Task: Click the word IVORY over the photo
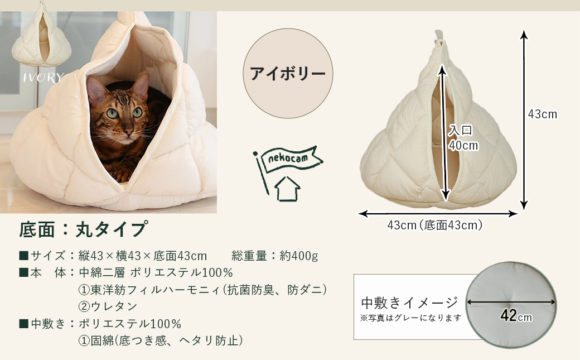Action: click(x=43, y=78)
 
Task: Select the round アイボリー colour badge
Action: click(x=288, y=73)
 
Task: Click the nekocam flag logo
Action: click(x=287, y=160)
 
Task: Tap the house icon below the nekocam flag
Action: click(x=287, y=189)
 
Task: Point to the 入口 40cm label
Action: click(x=463, y=138)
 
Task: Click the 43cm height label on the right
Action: click(x=542, y=114)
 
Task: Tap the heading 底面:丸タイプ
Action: click(x=84, y=229)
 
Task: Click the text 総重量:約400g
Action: click(x=274, y=256)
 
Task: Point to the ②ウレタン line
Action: click(x=108, y=306)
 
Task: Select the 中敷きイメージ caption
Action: click(x=410, y=303)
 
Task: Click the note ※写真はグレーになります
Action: click(x=411, y=318)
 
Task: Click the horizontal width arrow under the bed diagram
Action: click(x=438, y=213)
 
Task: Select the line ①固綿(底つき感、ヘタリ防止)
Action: click(x=161, y=340)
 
